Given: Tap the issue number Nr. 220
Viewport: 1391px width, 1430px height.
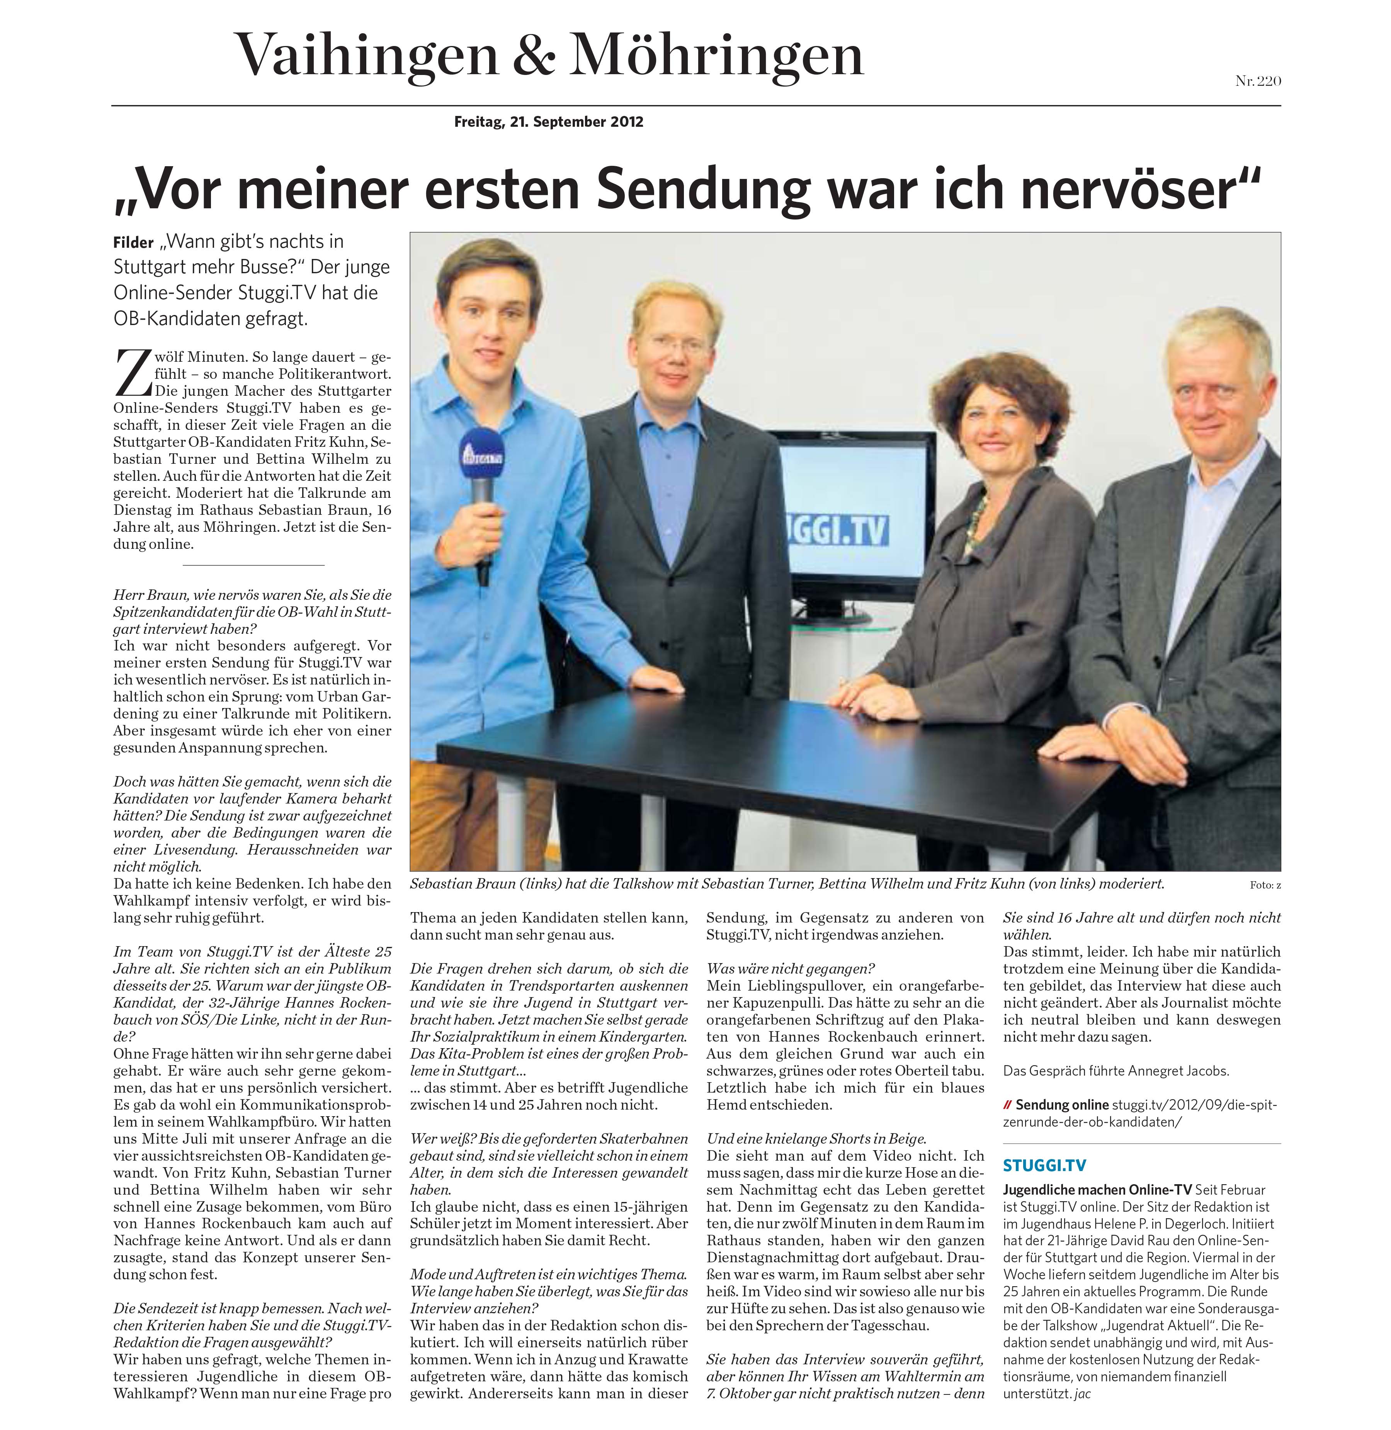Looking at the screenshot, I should (x=1258, y=81).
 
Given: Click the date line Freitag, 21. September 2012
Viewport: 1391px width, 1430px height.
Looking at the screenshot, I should (x=549, y=122).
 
